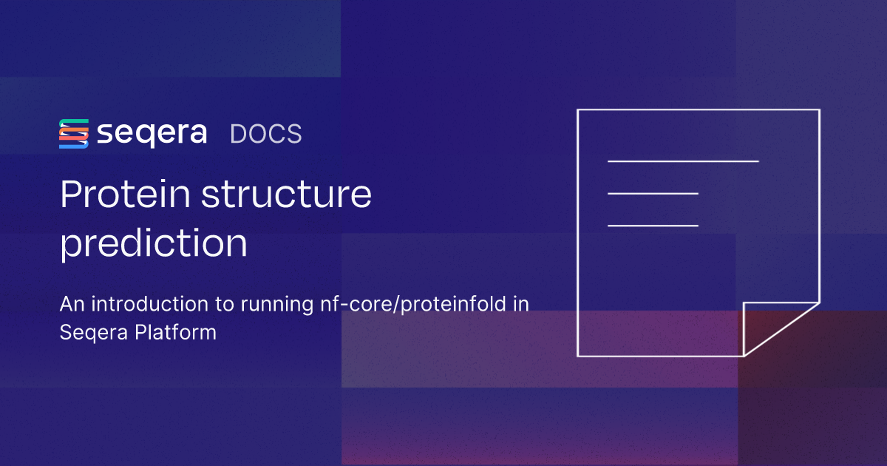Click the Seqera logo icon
point(74,134)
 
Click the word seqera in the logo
point(152,134)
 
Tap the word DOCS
point(266,134)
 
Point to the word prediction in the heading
point(154,244)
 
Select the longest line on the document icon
point(683,161)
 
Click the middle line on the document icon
point(653,193)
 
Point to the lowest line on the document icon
point(653,225)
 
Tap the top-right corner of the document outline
point(819,110)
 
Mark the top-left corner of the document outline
point(578,110)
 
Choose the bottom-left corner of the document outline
point(578,356)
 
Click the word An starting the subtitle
point(71,304)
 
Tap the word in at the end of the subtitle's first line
point(520,304)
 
